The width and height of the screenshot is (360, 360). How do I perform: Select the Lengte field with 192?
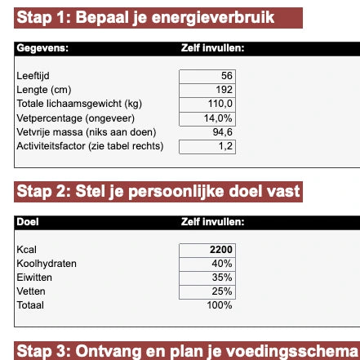(207, 90)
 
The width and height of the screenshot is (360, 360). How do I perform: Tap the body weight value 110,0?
(207, 104)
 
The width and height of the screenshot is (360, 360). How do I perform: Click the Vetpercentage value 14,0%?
(207, 118)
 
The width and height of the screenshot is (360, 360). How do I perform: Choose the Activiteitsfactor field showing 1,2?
(207, 146)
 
